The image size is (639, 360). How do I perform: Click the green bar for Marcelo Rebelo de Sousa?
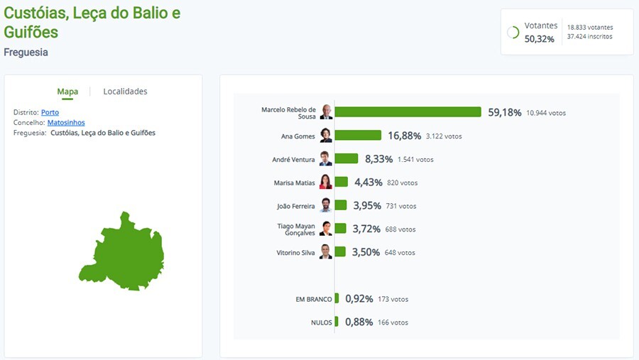pyautogui.click(x=408, y=112)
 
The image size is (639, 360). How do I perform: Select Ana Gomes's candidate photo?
pyautogui.click(x=326, y=136)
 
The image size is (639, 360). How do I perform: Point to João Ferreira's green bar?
pyautogui.click(x=341, y=206)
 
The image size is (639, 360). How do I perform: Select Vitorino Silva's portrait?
pyautogui.click(x=326, y=252)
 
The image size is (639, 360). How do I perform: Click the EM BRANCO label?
pyautogui.click(x=313, y=300)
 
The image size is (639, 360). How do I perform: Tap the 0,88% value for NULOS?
pyautogui.click(x=359, y=322)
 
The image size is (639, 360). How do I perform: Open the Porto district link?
pyautogui.click(x=50, y=113)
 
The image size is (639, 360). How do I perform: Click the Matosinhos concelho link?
pyautogui.click(x=66, y=123)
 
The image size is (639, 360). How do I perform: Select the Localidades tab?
pyautogui.click(x=125, y=92)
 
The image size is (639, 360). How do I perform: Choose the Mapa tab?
pyautogui.click(x=67, y=92)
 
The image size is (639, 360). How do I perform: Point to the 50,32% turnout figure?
pyautogui.click(x=539, y=38)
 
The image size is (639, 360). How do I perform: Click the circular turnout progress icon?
pyautogui.click(x=513, y=33)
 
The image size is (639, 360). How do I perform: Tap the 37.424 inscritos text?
pyautogui.click(x=589, y=37)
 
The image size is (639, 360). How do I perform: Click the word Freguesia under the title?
pyautogui.click(x=26, y=53)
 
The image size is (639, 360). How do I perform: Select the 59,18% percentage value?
pyautogui.click(x=504, y=112)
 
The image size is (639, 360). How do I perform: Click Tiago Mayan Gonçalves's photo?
pyautogui.click(x=326, y=229)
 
